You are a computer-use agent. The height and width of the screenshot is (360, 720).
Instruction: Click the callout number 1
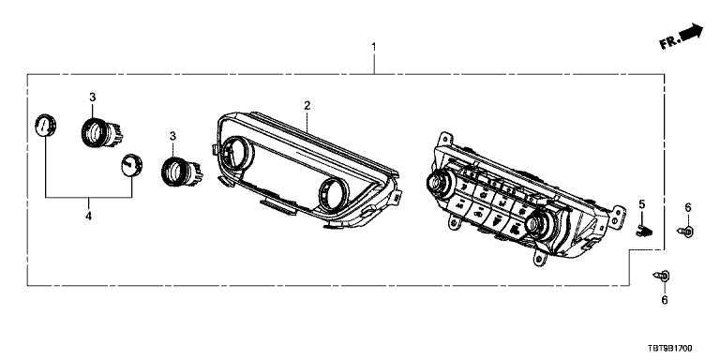pos(374,47)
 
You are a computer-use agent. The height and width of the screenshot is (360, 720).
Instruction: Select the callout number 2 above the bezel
pos(307,106)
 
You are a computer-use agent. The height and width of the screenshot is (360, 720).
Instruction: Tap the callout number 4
pos(88,216)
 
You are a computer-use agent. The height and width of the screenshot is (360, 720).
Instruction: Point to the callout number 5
pos(642,203)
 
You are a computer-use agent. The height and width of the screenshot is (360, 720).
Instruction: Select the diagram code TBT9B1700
pos(670,350)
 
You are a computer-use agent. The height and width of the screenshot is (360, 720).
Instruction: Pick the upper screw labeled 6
pos(685,232)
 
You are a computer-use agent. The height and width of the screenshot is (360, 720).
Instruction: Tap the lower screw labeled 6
pos(661,276)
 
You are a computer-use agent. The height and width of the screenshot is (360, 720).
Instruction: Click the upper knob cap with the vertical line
pos(45,125)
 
